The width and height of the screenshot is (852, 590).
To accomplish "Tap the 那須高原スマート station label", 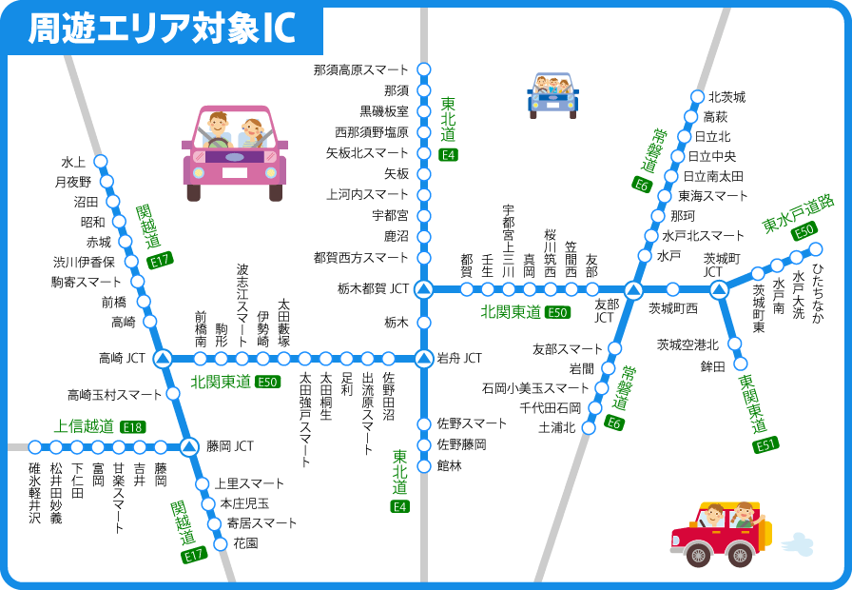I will (360, 69).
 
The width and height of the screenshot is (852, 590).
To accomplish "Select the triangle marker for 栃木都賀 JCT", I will (424, 288).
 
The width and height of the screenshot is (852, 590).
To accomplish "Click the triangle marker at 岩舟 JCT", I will (424, 359).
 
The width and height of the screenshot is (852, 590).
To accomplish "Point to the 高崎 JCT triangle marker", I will (163, 359).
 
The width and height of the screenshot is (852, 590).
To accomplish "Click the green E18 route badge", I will (132, 427).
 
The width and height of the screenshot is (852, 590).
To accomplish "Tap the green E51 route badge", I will (765, 445).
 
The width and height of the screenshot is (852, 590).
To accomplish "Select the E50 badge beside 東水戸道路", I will (804, 229).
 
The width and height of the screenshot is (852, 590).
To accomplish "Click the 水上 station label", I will (73, 161).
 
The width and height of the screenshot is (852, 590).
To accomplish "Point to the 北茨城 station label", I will (726, 97).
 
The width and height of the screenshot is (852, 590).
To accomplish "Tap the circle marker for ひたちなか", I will (815, 248).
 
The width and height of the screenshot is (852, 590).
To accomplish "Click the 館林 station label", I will (449, 465).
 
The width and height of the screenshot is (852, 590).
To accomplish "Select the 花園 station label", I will (245, 543).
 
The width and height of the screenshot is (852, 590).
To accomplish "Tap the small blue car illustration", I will (552, 94).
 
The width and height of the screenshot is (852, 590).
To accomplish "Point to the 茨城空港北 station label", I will (687, 344).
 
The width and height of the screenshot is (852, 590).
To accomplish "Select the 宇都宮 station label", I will (390, 215).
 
